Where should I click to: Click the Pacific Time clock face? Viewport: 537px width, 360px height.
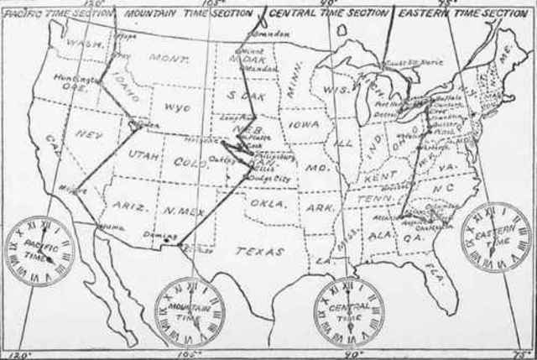pos(40,250)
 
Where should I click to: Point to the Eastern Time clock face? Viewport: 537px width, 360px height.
pos(499,237)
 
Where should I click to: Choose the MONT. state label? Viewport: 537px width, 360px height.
pos(164,58)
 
